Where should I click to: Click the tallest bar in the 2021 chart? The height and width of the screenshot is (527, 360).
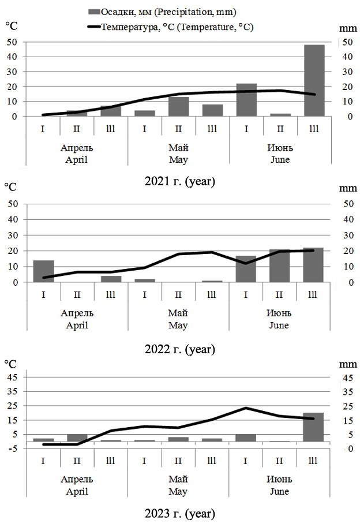[x=314, y=81]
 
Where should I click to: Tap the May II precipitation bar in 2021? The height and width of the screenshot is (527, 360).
[x=178, y=107]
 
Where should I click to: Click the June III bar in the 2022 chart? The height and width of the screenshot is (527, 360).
[x=314, y=265]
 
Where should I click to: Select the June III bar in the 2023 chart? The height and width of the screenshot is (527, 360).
[x=314, y=427]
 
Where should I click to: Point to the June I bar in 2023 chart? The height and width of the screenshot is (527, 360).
[x=246, y=438]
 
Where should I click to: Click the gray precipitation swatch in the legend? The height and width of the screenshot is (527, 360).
[x=93, y=12]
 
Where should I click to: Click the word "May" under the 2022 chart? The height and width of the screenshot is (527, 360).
[x=178, y=325]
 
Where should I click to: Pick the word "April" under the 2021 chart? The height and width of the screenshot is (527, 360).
[x=77, y=159]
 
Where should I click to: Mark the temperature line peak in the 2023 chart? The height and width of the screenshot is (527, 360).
[x=246, y=408]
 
